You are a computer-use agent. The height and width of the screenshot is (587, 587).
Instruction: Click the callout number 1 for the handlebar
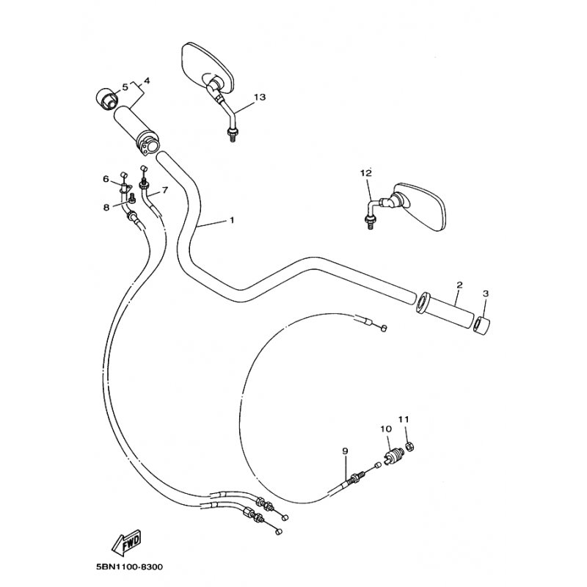232,219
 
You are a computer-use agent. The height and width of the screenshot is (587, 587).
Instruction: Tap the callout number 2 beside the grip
460,285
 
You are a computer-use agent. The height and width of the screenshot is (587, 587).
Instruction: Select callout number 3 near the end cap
486,293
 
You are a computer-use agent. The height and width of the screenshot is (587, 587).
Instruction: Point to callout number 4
146,81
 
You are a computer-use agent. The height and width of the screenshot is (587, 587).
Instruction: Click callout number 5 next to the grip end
125,87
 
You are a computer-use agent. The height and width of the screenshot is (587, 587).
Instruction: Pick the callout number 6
106,179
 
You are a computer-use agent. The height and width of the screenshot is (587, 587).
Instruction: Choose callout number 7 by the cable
165,190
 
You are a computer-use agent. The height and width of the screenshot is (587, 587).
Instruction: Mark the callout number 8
106,206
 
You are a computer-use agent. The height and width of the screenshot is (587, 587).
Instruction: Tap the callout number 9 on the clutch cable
345,451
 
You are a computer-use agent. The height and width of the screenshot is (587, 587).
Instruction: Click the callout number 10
386,429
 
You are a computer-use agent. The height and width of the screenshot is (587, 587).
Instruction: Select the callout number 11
404,419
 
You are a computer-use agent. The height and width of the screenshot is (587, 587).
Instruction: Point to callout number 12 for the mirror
366,173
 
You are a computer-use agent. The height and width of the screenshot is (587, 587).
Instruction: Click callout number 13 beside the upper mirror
260,97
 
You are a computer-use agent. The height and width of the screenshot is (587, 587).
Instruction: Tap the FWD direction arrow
126,542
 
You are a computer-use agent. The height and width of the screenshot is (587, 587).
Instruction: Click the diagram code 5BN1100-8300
130,566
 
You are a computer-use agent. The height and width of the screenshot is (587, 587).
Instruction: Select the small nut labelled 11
410,445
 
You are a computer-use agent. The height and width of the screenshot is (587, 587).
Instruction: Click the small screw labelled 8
132,197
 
